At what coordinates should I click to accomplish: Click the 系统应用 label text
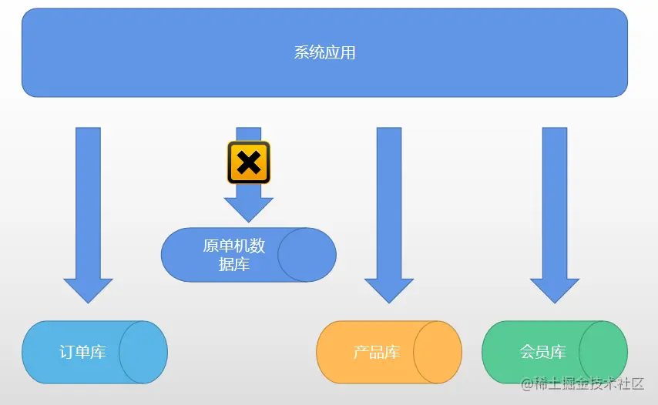[x=324, y=53]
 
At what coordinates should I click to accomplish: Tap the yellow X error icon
[x=248, y=162]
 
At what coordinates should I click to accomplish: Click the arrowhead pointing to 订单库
[x=88, y=289]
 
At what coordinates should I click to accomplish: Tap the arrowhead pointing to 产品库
[x=389, y=289]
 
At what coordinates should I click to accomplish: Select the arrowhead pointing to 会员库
[x=555, y=289]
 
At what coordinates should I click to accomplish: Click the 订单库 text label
[x=82, y=353]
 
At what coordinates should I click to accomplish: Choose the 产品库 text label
[x=377, y=353]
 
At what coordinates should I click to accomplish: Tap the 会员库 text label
[x=542, y=353]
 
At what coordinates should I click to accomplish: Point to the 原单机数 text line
[x=234, y=246]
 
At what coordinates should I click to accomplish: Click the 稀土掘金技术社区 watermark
[x=582, y=383]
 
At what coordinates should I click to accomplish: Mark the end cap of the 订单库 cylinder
[x=143, y=352]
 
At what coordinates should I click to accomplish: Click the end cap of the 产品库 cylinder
[x=438, y=352]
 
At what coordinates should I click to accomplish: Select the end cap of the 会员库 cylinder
[x=603, y=352]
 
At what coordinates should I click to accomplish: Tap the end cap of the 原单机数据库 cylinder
[x=307, y=255]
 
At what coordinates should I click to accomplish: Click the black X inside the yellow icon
[x=248, y=162]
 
